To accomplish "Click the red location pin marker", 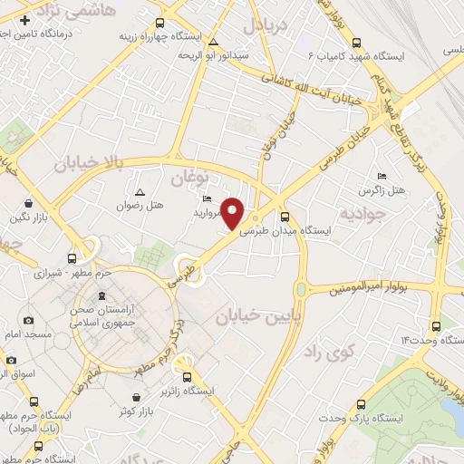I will [x=233, y=212].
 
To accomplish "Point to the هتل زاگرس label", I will [x=381, y=190].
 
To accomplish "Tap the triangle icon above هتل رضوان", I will [x=140, y=192].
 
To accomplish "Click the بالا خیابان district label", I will [x=87, y=163].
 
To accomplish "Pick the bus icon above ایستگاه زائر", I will [x=188, y=377].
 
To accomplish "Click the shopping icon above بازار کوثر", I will [x=137, y=397].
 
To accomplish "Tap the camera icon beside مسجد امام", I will [x=29, y=321].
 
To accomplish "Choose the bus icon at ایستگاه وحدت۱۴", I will [x=436, y=325].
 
